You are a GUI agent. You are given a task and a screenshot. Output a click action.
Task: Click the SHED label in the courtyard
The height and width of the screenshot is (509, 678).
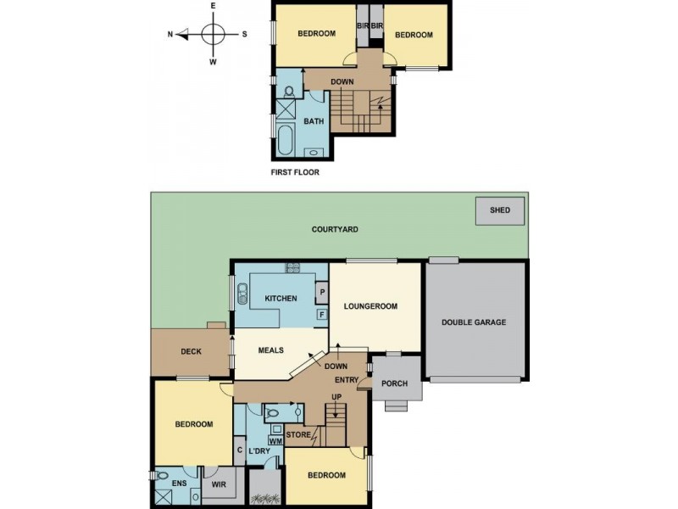500,210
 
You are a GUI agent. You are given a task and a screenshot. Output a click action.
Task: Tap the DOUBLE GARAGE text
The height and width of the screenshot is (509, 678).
474,322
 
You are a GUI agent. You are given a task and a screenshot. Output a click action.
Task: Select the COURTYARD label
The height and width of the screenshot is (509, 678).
335,229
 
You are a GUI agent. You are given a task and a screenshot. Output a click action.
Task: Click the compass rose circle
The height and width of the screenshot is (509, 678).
213,35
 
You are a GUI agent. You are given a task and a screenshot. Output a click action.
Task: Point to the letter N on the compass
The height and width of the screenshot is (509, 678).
170,35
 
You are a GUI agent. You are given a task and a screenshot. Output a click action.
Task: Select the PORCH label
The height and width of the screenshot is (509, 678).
394,383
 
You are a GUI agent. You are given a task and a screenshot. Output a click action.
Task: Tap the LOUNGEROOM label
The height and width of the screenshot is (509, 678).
370,306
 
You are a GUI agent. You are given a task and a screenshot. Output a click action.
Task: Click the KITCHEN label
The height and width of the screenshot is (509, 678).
281,299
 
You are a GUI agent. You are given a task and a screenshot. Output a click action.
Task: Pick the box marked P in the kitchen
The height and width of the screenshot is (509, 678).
322,294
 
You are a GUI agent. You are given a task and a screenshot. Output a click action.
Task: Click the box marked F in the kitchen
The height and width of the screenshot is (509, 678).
322,315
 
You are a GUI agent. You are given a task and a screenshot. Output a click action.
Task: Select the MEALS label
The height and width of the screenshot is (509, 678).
270,350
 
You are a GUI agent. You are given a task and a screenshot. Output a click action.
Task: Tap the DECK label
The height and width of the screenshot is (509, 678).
191,351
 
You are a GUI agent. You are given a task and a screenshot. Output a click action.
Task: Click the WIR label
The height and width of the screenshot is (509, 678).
218,485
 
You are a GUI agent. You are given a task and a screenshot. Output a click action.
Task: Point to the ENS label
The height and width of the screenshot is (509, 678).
179,484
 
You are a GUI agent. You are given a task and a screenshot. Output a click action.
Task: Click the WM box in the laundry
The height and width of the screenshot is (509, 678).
275,440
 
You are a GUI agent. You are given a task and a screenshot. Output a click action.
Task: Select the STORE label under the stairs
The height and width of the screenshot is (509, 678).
298,436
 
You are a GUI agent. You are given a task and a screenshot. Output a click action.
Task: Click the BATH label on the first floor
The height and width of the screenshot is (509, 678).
314,121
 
